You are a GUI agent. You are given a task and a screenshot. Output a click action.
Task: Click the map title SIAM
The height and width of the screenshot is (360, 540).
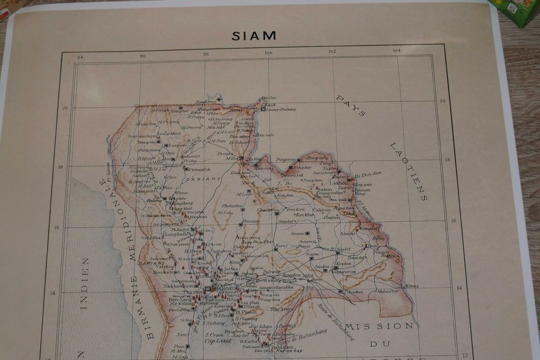(254, 36)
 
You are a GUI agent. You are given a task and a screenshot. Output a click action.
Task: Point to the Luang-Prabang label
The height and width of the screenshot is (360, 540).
(281, 109)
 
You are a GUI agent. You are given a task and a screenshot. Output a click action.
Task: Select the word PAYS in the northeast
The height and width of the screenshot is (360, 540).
(350, 106)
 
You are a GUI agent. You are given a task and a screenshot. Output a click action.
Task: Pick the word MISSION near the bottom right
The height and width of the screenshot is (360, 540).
(380, 326)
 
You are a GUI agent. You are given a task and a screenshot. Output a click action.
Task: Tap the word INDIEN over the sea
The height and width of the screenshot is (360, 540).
(84, 283)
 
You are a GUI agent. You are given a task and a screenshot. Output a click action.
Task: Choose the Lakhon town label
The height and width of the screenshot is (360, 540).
(339, 183)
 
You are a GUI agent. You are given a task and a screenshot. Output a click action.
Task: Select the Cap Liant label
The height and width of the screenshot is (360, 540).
(218, 341)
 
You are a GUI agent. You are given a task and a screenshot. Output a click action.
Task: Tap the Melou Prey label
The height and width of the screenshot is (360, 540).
(387, 291)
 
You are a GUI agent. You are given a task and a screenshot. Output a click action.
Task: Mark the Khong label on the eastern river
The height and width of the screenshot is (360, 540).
(412, 286)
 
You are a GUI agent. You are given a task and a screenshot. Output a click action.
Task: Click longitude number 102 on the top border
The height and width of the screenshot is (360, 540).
(332, 51)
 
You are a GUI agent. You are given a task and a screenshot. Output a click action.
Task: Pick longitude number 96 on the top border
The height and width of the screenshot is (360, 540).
(143, 56)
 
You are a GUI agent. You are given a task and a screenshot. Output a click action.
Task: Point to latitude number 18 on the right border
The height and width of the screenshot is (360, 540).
(447, 160)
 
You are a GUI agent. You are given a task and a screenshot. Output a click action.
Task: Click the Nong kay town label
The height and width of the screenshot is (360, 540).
(303, 168)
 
